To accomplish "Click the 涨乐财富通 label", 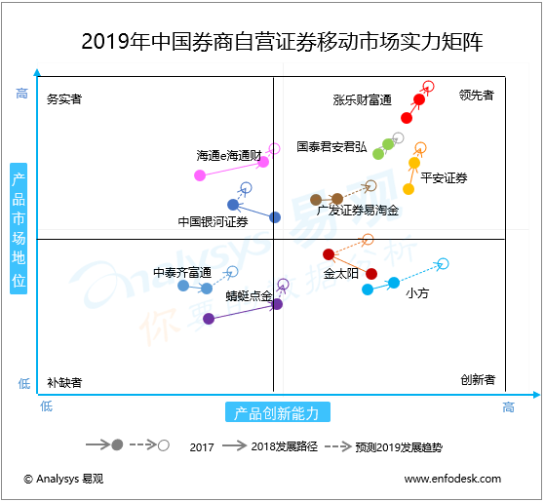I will (362, 100).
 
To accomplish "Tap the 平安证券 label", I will (444, 177).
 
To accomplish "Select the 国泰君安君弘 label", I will (331, 147).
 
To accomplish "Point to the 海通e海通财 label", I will (228, 155).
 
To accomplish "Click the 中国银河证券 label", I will (213, 221).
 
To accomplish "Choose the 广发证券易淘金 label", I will (358, 210).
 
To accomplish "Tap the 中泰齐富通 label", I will (182, 272).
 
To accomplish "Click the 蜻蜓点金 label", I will (249, 294).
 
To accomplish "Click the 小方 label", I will (416, 292).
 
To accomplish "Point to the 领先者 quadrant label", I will (477, 96).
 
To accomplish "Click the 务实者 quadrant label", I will (64, 98).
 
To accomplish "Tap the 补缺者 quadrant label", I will (64, 382).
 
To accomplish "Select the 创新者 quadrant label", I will (477, 379).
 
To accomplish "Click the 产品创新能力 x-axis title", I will (277, 412).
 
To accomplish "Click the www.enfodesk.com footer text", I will (452, 479).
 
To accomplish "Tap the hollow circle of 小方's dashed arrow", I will (444, 263).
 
